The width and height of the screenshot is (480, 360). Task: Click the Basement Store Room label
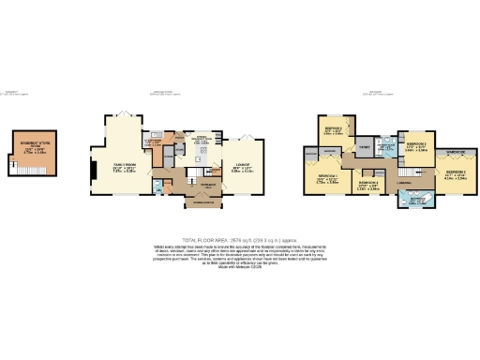pyautogui.click(x=35, y=146)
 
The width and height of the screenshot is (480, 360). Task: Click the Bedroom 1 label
pyautogui.click(x=327, y=177)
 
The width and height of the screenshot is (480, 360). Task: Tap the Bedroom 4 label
pyautogui.click(x=367, y=186)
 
